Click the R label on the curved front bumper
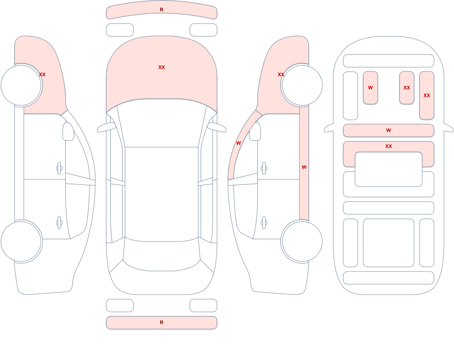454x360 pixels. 162,10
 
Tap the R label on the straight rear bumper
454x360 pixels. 162,322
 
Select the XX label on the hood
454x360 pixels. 162,67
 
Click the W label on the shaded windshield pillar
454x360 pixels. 238,143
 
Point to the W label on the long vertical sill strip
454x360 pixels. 304,167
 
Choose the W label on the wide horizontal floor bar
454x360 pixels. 389,130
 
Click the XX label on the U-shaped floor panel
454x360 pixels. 389,146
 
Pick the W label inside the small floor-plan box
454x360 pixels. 370,88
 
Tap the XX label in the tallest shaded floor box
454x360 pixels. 427,95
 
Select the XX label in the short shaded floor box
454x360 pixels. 407,88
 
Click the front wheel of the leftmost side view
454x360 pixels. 21,85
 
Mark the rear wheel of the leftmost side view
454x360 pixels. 21,241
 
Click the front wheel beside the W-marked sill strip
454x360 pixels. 302,85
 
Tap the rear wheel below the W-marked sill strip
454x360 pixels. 302,241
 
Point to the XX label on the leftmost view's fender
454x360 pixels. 42,74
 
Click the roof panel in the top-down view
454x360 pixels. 162,194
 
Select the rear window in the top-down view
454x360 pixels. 162,265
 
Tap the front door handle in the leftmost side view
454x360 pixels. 59,168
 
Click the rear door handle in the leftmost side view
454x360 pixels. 59,223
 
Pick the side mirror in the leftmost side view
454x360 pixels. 69,132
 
